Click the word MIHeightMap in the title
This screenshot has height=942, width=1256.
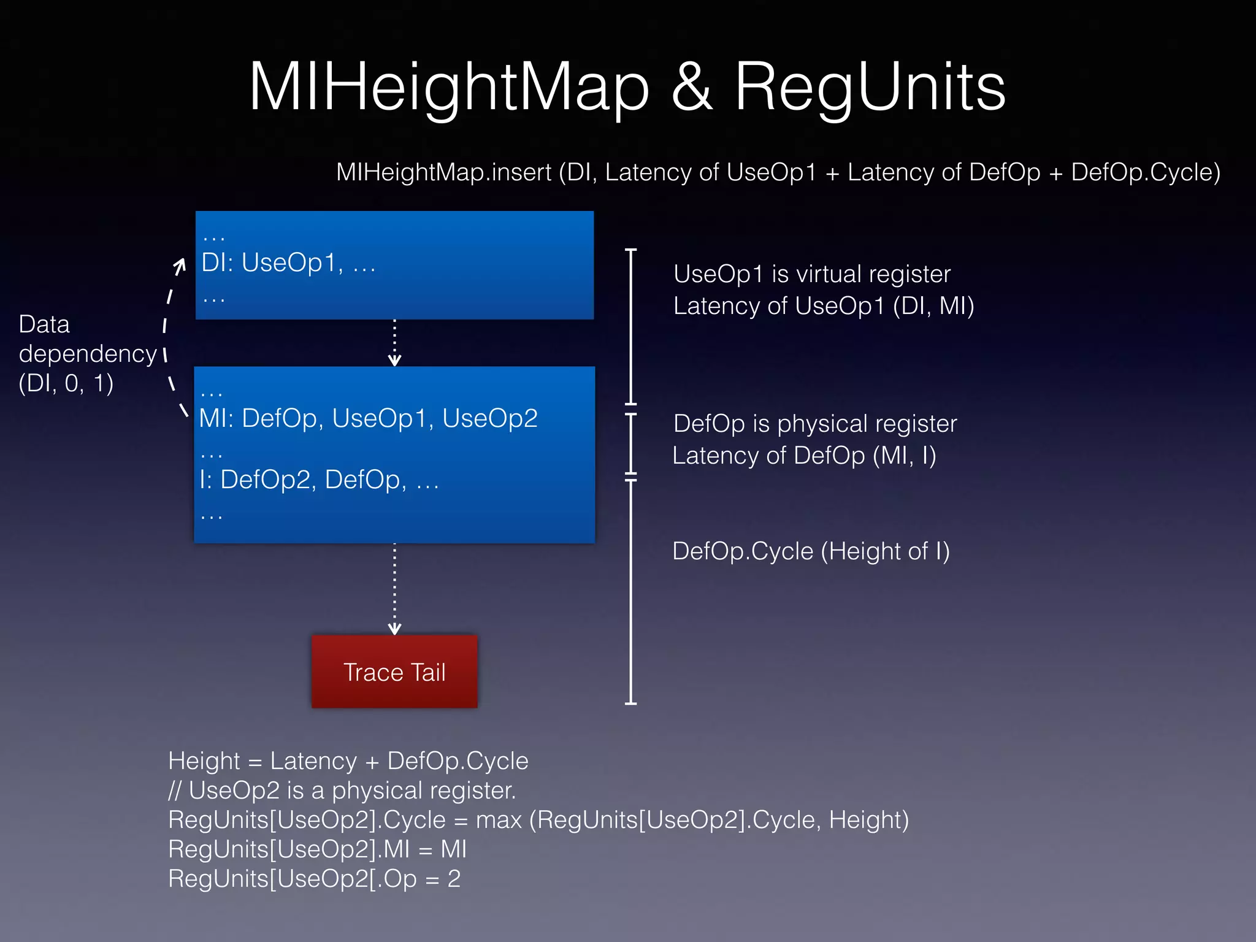(x=448, y=88)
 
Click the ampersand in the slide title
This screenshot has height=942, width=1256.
(x=692, y=88)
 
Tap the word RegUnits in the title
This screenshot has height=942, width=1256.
(x=870, y=88)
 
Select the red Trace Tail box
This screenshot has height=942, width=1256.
(x=394, y=672)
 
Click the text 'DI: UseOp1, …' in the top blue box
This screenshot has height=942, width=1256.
(x=288, y=263)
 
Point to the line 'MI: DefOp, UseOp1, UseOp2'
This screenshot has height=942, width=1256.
(x=368, y=418)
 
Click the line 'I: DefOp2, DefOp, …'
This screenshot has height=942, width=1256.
(x=319, y=480)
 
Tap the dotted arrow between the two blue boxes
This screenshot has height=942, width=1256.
(x=394, y=342)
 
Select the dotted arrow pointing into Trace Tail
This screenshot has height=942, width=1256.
(x=394, y=589)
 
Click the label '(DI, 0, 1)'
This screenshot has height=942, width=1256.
(x=66, y=384)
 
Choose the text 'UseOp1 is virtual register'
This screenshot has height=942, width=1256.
(x=811, y=274)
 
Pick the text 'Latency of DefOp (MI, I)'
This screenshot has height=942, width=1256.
(x=804, y=456)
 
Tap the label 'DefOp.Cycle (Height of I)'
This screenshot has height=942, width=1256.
(x=811, y=551)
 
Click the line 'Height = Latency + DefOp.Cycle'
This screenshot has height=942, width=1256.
(x=348, y=761)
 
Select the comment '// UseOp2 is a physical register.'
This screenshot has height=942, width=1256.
(x=342, y=791)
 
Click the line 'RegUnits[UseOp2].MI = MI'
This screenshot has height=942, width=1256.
(x=317, y=849)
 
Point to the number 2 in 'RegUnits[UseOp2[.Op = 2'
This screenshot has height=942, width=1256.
(x=454, y=879)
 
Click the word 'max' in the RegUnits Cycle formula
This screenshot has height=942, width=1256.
(x=499, y=821)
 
